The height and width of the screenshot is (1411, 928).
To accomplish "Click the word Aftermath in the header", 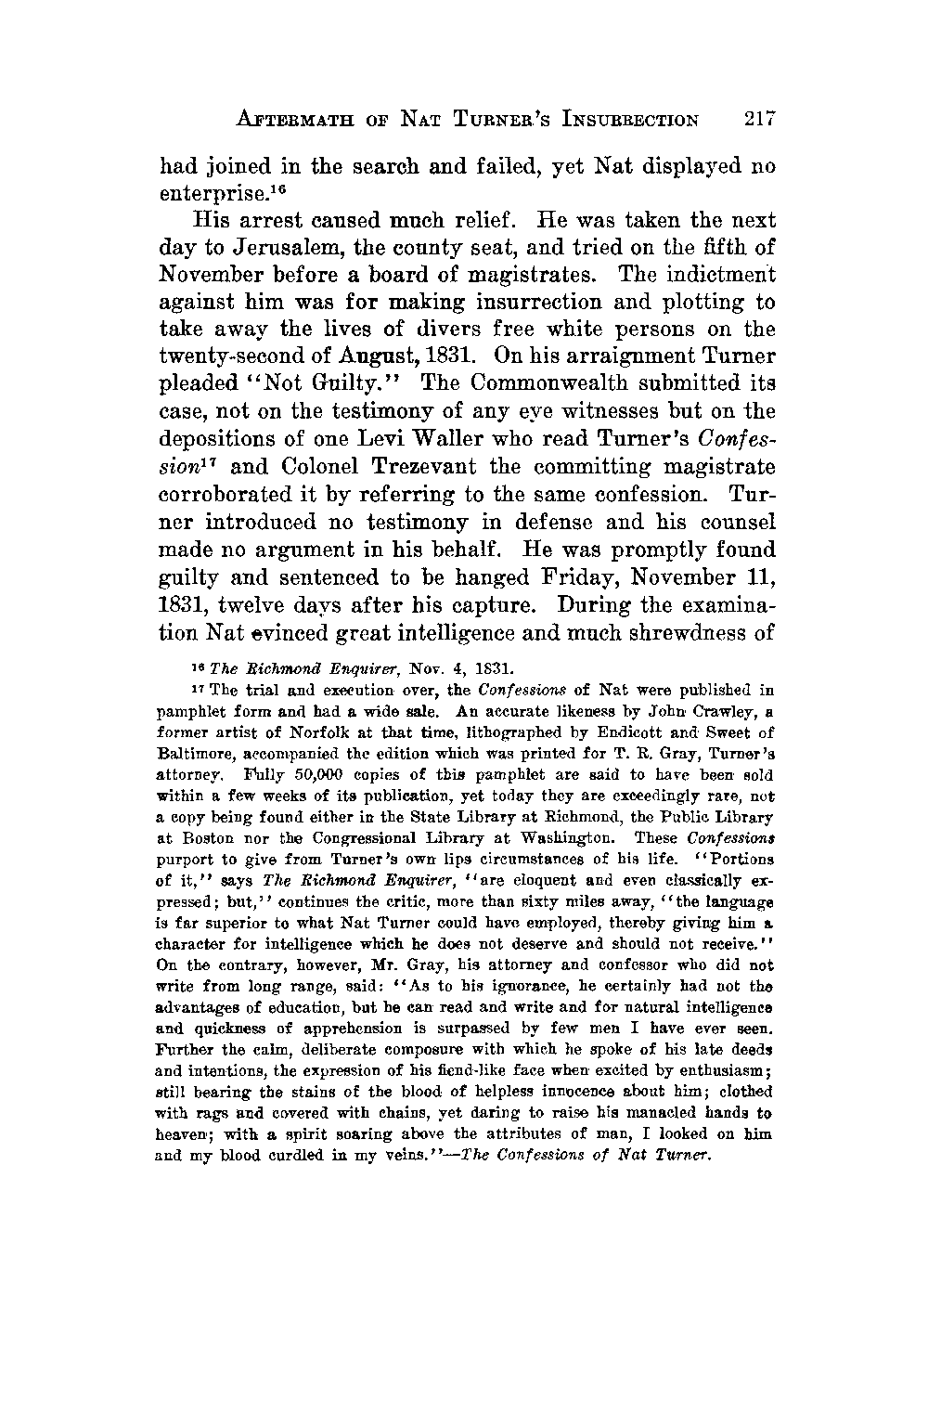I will pyautogui.click(x=293, y=120).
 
